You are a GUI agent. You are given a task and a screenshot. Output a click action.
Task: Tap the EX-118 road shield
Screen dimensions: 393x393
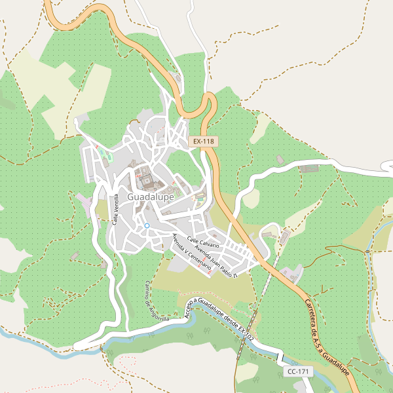[203, 141]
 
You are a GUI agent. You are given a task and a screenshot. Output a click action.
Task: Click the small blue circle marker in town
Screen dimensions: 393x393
[147, 225]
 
